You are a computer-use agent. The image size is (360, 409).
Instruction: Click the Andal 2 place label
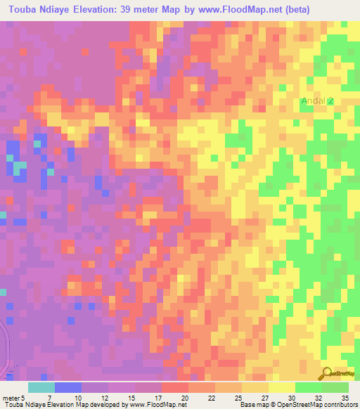click(316, 101)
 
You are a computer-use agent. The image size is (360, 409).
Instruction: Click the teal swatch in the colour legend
click(41, 387)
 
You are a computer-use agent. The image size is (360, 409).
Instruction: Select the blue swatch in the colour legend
click(68, 387)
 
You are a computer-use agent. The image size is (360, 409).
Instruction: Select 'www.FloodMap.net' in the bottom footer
click(155, 405)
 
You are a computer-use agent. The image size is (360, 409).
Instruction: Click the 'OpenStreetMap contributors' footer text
click(318, 405)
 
